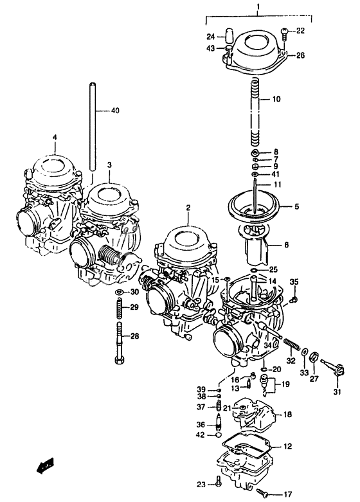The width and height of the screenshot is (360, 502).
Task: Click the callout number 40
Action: click(x=114, y=111)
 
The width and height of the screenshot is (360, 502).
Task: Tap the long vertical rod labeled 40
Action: click(x=95, y=129)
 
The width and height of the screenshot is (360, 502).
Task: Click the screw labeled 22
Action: click(x=283, y=31)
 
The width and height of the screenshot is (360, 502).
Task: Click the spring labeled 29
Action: click(x=119, y=308)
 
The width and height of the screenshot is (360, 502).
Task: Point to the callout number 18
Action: click(x=287, y=415)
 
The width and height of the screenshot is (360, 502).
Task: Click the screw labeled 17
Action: click(x=263, y=493)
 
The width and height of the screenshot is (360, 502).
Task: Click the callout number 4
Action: click(x=55, y=137)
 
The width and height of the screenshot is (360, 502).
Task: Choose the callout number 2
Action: click(x=188, y=208)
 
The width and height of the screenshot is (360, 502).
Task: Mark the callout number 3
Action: click(x=109, y=165)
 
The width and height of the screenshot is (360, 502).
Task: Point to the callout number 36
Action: click(x=201, y=424)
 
